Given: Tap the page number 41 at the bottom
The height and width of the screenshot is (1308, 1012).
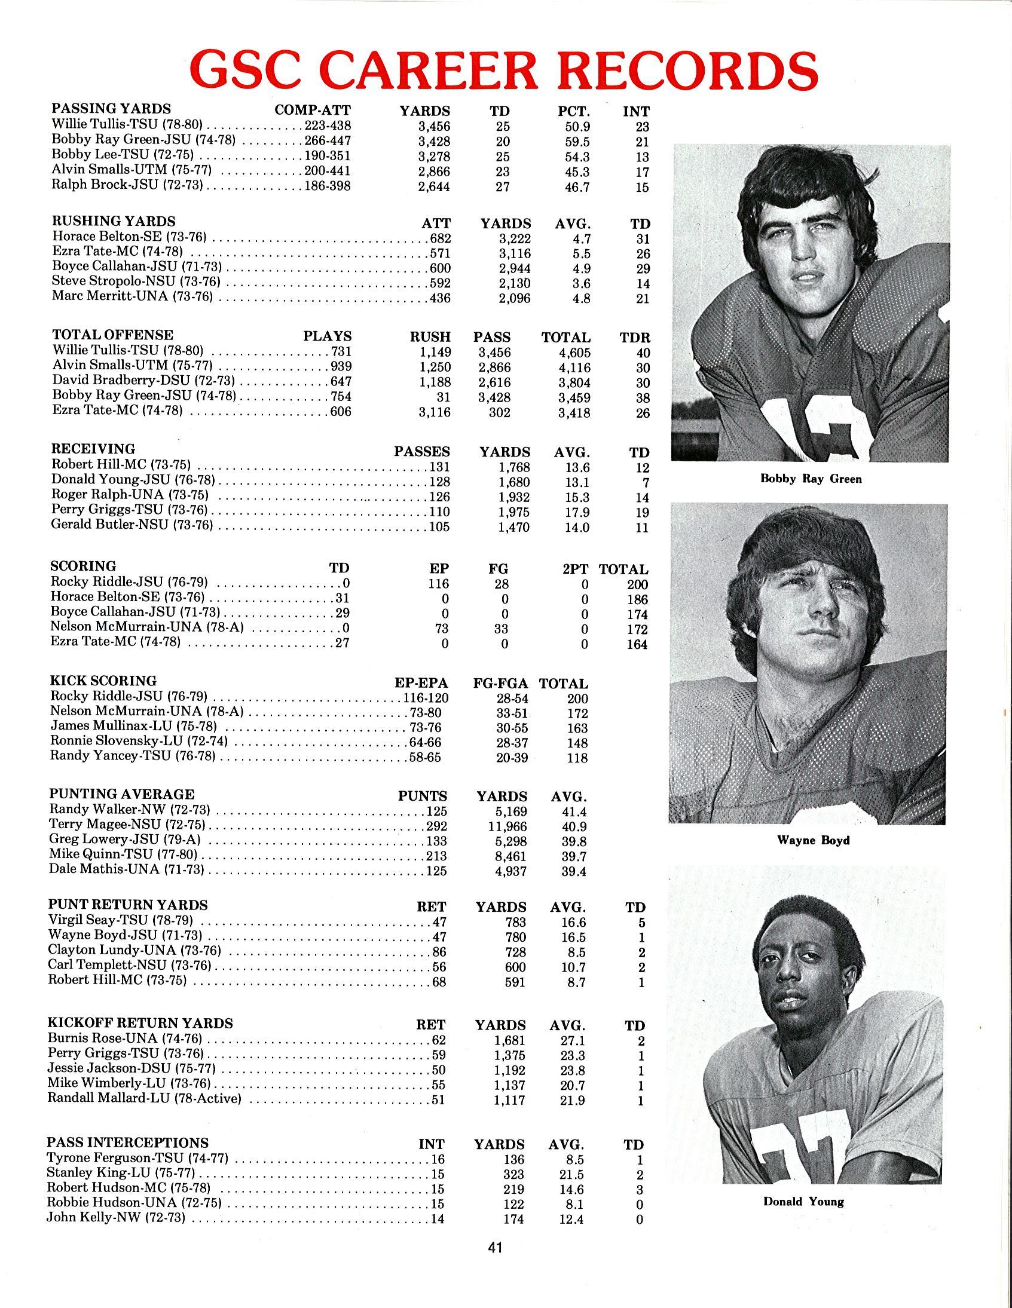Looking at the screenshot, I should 495,1248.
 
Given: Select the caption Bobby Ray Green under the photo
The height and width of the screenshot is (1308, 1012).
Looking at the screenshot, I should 811,479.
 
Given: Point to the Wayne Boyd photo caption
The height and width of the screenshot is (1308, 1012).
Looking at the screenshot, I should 813,840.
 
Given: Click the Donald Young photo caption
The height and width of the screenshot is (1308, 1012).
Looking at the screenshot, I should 803,1202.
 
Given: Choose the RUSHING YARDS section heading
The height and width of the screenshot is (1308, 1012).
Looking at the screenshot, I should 114,221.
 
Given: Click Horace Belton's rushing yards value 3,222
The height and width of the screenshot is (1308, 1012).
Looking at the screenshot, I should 515,239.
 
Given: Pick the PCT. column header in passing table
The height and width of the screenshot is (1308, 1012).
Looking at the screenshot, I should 573,111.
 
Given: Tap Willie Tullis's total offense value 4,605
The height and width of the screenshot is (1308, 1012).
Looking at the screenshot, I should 574,353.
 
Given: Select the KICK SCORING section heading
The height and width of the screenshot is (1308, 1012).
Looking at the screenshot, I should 103,681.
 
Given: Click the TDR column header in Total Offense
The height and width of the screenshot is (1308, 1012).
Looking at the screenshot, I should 635,337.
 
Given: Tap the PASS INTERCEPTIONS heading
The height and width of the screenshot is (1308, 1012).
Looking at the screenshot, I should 128,1142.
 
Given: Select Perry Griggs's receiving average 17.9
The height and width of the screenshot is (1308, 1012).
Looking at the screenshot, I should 577,513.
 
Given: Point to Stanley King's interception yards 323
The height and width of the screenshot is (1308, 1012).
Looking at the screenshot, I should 514,1174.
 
